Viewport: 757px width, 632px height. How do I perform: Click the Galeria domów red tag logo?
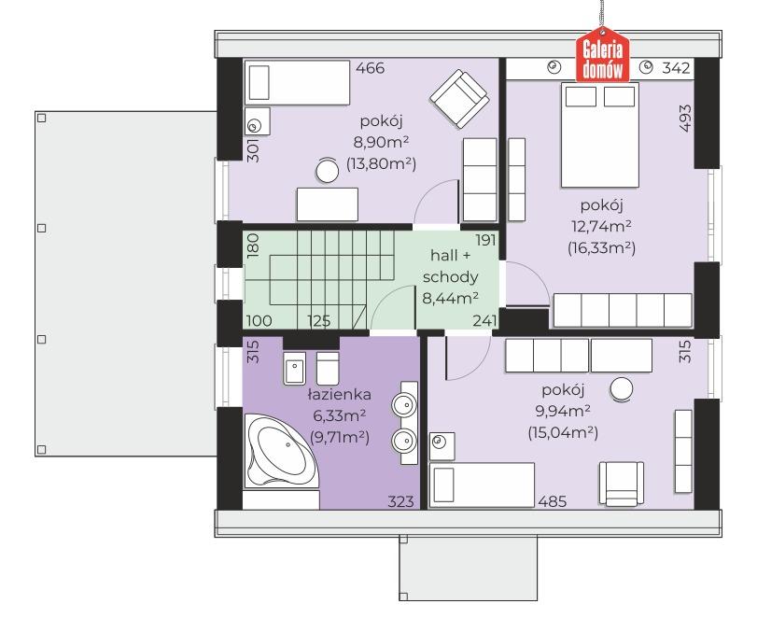[602, 55]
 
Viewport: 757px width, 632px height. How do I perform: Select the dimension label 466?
[371, 68]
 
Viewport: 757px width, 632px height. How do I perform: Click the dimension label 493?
[685, 118]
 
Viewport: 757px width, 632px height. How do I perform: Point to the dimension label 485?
[553, 501]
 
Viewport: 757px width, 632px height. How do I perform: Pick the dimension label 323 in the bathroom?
[400, 501]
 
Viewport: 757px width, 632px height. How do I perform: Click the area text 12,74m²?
[601, 227]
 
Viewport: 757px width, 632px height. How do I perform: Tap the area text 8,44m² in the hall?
[451, 299]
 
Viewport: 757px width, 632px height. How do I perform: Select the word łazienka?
[340, 395]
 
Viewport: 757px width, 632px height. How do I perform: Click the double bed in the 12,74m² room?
[599, 134]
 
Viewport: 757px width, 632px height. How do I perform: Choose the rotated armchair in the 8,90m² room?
[459, 99]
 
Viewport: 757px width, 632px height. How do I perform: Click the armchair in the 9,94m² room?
[622, 484]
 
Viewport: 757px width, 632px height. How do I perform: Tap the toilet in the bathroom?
[328, 368]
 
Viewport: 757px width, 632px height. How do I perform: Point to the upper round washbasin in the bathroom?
[403, 404]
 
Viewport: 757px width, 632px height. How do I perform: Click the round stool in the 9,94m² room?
[622, 388]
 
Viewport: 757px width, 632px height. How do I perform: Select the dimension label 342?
[676, 68]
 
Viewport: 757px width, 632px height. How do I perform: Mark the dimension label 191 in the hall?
[485, 240]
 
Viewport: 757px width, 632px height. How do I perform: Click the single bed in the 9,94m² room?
[482, 485]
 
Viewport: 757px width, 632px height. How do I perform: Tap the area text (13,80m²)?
[381, 163]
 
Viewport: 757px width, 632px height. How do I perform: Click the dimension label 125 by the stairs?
[319, 320]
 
